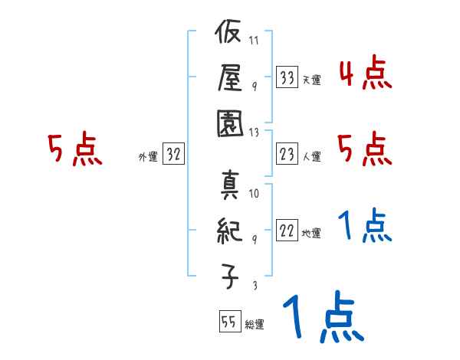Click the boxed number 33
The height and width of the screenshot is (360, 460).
click(x=287, y=77)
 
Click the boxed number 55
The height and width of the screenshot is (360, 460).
click(x=228, y=322)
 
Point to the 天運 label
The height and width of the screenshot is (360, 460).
click(x=310, y=79)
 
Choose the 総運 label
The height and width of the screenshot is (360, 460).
click(x=254, y=324)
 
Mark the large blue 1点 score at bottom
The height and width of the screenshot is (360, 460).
click(x=321, y=319)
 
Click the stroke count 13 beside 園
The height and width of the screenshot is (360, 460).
click(x=255, y=131)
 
